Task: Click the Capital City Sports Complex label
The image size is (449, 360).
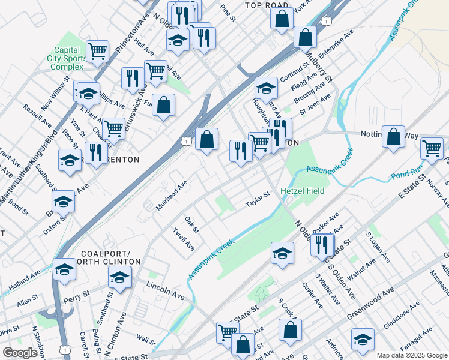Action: (x=67, y=58)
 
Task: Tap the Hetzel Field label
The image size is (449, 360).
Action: (x=303, y=191)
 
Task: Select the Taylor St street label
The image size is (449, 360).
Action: (x=259, y=199)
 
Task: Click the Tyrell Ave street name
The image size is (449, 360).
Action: (x=184, y=239)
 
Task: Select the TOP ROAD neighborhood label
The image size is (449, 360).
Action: (x=267, y=5)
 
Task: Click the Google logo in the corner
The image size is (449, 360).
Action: (x=20, y=353)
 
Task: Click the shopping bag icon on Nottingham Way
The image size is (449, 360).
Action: (x=393, y=136)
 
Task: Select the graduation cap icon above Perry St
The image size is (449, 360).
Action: (x=119, y=277)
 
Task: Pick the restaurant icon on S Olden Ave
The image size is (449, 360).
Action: (x=322, y=244)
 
